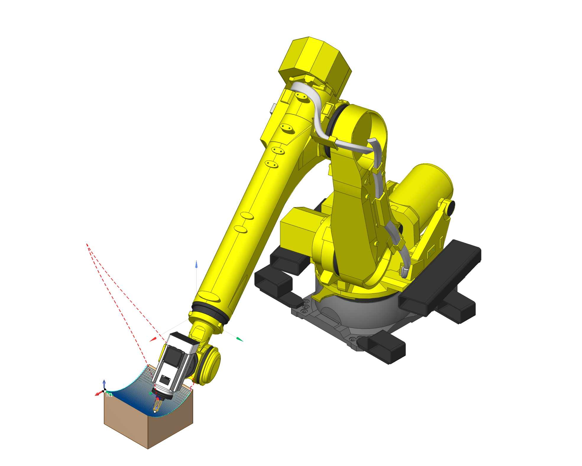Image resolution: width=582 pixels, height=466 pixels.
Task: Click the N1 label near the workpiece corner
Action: click(x=109, y=395)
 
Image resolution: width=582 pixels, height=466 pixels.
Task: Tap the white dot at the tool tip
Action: click(x=155, y=412)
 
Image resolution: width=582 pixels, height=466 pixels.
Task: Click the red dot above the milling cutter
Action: click(x=158, y=399)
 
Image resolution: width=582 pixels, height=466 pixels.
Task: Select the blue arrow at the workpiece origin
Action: click(x=104, y=384)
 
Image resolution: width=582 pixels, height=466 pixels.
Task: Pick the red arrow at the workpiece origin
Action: click(x=98, y=394)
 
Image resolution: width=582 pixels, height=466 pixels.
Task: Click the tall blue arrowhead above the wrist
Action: click(x=196, y=264)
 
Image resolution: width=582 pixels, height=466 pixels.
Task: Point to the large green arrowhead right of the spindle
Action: click(x=240, y=339)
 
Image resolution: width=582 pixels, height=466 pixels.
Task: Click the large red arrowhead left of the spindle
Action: click(x=153, y=339)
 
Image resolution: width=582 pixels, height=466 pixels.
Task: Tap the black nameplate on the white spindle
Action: click(x=166, y=380)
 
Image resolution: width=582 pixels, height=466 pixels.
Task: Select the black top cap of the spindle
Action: click(x=184, y=339)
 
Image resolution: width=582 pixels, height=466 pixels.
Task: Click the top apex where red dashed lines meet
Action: click(x=87, y=244)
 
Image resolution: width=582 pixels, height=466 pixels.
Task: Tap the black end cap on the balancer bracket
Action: click(x=451, y=208)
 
